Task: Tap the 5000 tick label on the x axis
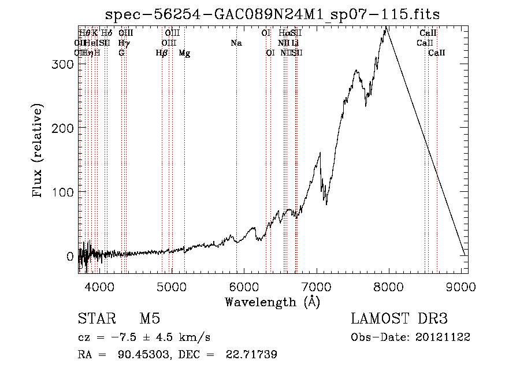click(x=171, y=285)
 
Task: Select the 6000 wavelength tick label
click(x=244, y=285)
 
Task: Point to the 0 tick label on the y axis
click(x=70, y=255)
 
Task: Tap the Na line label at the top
click(x=236, y=43)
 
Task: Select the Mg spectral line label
click(x=184, y=53)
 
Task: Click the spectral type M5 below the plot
click(x=150, y=320)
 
